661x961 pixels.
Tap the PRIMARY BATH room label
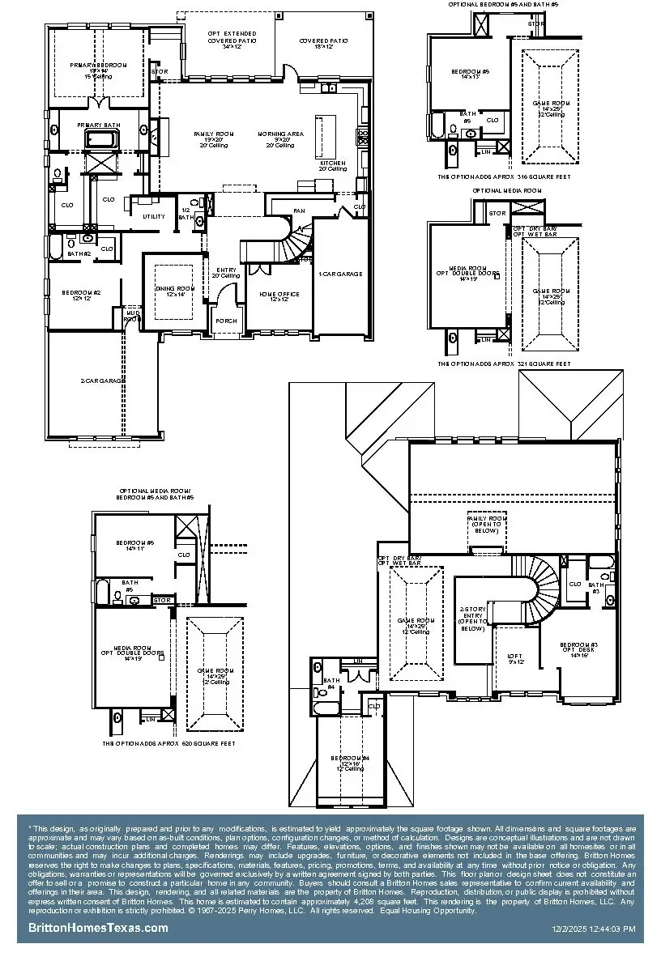pos(98,125)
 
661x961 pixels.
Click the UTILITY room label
pos(154,216)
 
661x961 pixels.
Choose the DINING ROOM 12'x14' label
pos(176,291)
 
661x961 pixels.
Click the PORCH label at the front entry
pos(225,321)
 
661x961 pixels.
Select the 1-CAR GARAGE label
pos(340,274)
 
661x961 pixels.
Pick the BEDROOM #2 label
pos(84,295)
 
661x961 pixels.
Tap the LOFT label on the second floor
pos(515,659)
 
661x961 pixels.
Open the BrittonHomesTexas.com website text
pos(99,928)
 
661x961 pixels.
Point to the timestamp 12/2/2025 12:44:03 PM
pos(593,929)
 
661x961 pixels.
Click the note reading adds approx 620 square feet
pos(168,742)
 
